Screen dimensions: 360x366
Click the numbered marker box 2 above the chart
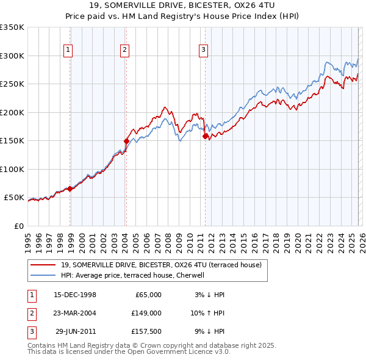pyautogui.click(x=124, y=51)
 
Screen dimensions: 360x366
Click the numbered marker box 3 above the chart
pyautogui.click(x=203, y=51)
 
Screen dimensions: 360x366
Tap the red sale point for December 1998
pyautogui.click(x=70, y=189)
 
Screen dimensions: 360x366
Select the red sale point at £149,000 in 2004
pyautogui.click(x=127, y=141)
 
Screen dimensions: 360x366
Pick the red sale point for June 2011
pyautogui.click(x=205, y=136)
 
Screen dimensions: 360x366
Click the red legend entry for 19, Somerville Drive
pyautogui.click(x=162, y=265)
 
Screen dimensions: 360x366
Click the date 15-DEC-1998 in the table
pyautogui.click(x=74, y=295)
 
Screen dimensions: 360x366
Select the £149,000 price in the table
pyautogui.click(x=146, y=313)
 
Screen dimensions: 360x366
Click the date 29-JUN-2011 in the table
pyautogui.click(x=74, y=331)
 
